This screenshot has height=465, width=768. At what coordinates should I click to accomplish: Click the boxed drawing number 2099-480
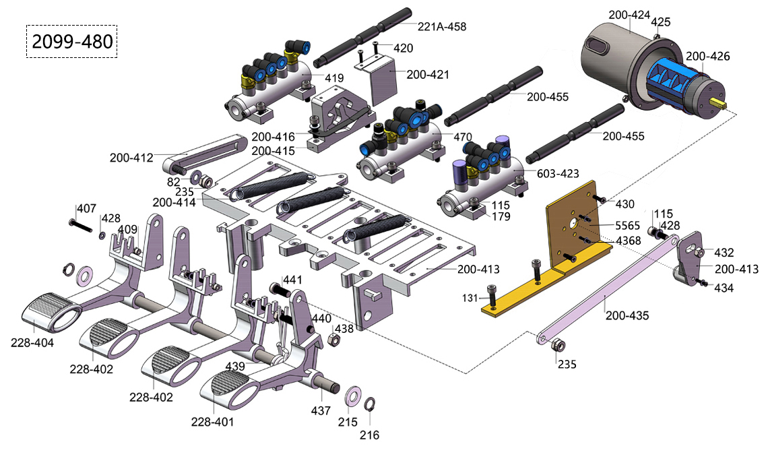pos(72,42)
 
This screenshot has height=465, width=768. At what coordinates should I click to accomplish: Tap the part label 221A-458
pos(442,26)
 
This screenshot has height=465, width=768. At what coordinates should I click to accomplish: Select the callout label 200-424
pos(629,15)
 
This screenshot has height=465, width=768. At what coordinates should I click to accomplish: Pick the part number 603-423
pos(558,173)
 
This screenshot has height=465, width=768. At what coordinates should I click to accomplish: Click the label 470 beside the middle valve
pos(462,137)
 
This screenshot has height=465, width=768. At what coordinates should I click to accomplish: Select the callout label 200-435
pos(627,315)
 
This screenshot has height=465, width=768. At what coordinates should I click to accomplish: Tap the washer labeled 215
pos(352,396)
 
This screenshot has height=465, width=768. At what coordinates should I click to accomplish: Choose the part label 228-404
pos(32,343)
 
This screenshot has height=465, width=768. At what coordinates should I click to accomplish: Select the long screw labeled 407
pos(82,226)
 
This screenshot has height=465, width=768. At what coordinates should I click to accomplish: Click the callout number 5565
pos(627,225)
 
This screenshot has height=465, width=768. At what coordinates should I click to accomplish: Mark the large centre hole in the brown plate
pos(573,224)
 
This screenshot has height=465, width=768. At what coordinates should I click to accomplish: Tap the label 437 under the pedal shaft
pos(321,410)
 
